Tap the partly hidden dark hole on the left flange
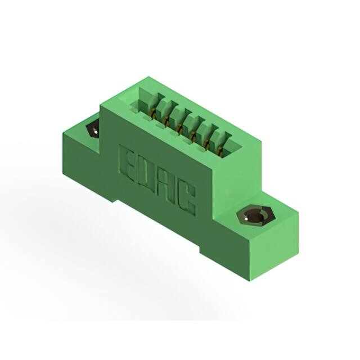click(x=93, y=130)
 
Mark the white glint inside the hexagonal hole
click(x=246, y=219)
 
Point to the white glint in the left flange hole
click(x=96, y=132)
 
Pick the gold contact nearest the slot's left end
click(x=152, y=114)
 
